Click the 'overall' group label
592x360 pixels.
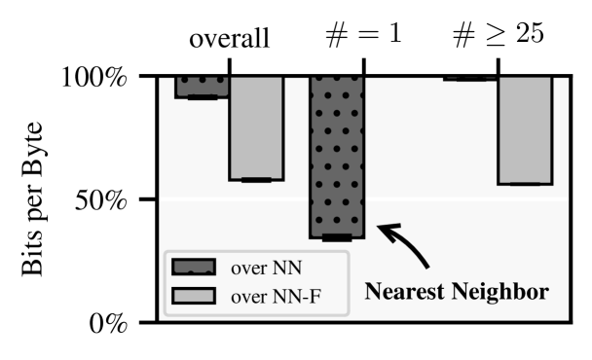click(229, 40)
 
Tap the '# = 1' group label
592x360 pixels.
click(363, 38)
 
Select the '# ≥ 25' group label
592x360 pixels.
click(498, 38)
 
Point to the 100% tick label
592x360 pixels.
click(94, 77)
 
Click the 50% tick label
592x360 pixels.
click(101, 200)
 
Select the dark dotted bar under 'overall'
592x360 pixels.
click(202, 87)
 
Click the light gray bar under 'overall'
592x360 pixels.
click(256, 127)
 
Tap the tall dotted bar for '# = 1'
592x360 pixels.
click(337, 156)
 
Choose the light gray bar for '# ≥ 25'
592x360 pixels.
click(525, 129)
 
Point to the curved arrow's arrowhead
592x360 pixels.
click(383, 230)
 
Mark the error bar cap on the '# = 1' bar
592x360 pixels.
click(337, 237)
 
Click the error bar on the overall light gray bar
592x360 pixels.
click(256, 180)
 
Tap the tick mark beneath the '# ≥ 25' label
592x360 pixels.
click(498, 66)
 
